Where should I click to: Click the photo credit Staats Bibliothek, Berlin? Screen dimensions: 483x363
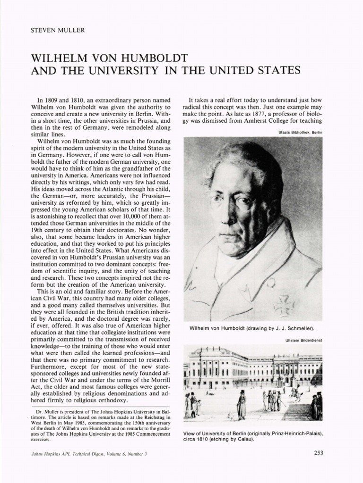(300, 133)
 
